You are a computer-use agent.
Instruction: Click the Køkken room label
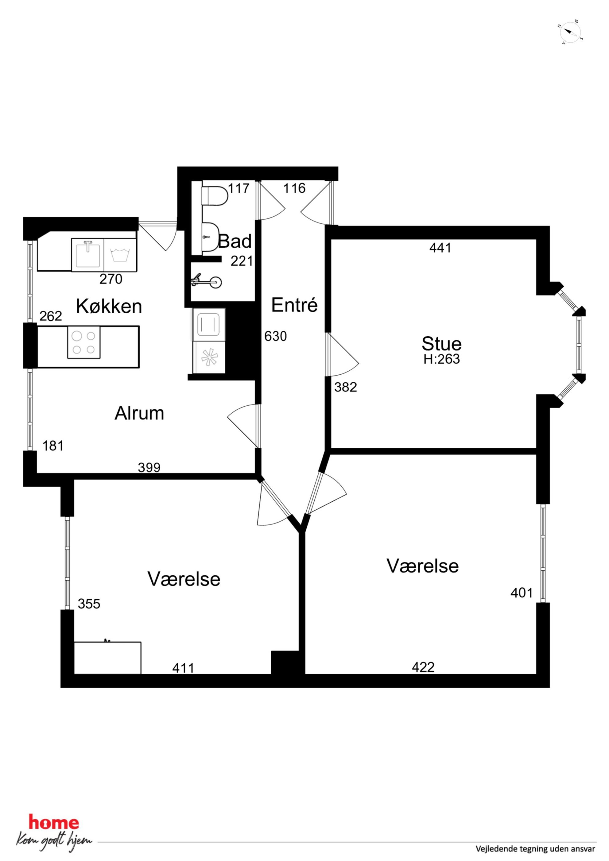109,306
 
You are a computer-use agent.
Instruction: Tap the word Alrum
139,413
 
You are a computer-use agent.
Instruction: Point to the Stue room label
441,343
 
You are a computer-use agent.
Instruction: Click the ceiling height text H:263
442,359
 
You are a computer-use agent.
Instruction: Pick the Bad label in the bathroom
235,241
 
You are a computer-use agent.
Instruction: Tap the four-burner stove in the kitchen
84,342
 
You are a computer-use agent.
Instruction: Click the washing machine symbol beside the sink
120,254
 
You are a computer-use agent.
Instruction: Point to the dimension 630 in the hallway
275,336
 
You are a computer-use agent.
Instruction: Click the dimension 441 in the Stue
440,248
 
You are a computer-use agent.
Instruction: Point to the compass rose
570,32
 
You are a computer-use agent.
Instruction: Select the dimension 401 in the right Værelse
522,593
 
